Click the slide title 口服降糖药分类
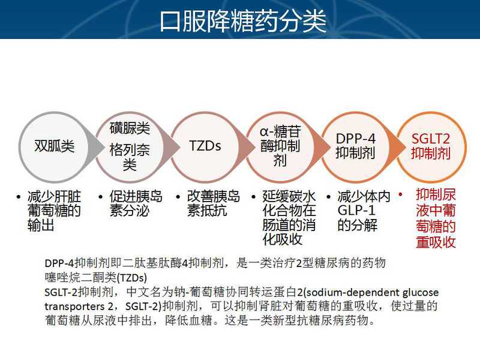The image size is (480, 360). pos(243,21)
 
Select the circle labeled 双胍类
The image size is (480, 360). pos(54,147)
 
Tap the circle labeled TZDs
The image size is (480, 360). pos(205,147)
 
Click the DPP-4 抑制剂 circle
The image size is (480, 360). pos(356,147)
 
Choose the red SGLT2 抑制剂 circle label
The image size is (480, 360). pos(431,146)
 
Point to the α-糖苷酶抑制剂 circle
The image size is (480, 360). pos(280,147)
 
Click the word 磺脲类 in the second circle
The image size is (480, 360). pos(130,128)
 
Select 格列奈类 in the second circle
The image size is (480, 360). pos(130,157)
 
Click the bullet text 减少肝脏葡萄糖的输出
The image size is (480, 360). pos(54,211)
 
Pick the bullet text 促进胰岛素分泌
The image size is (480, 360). pos(136,203)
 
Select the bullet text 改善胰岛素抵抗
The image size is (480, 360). pos(214,203)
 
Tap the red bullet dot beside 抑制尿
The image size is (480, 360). pos(400,194)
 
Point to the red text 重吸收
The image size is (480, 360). pos(436,242)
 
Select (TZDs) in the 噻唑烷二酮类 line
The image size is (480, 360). pos(132,278)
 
